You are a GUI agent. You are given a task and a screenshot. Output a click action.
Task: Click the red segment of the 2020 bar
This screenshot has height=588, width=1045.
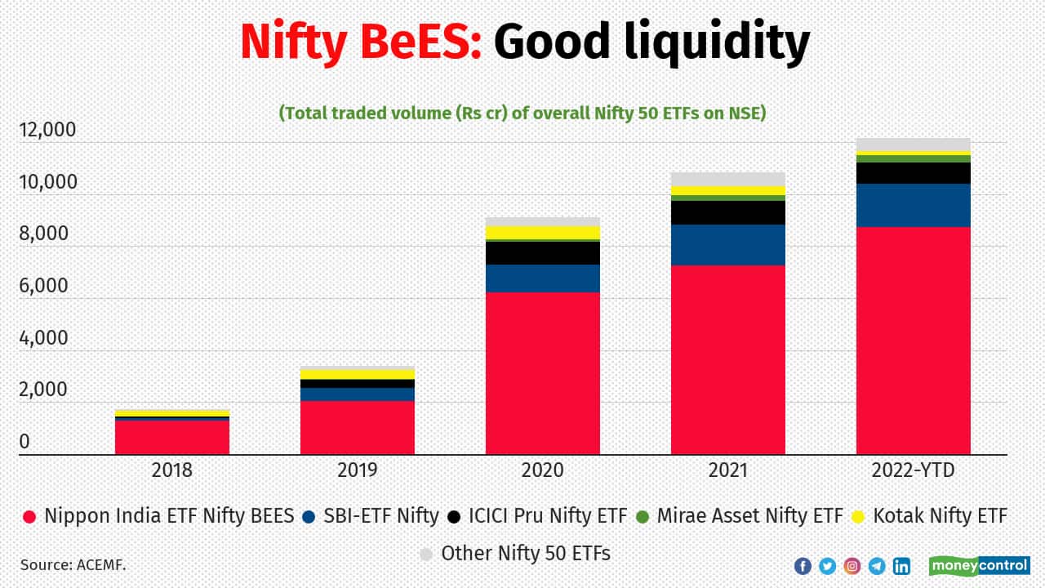point(542,373)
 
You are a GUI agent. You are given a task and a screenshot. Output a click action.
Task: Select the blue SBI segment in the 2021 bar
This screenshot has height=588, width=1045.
point(727,245)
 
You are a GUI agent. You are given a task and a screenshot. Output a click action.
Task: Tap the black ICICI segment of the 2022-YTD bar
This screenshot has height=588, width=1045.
point(913,173)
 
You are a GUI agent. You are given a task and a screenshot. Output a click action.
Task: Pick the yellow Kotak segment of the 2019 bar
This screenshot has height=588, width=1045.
point(357,374)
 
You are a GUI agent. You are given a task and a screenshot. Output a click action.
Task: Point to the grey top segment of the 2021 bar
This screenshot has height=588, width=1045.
point(727,179)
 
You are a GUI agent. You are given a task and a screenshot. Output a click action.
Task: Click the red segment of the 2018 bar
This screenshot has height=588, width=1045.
point(171,437)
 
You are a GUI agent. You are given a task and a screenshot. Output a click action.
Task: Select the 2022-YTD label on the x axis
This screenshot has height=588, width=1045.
point(913,471)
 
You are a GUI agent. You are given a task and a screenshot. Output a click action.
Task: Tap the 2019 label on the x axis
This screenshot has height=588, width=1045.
point(357,471)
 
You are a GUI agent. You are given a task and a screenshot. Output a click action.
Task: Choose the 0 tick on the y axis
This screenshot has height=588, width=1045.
point(24,442)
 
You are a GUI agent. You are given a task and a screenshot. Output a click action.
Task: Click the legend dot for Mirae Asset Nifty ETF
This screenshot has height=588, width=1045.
point(642,517)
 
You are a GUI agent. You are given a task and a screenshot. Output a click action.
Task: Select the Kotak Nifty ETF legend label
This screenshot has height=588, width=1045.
point(940,516)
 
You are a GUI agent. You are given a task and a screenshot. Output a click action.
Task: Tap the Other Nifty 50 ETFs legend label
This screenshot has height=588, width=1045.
point(526,554)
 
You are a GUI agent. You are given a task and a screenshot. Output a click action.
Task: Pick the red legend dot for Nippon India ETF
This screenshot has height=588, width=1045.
point(30,517)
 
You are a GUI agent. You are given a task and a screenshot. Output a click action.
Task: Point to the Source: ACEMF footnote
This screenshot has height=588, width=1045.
point(73,564)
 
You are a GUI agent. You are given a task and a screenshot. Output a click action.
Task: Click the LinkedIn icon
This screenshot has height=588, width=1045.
point(901,565)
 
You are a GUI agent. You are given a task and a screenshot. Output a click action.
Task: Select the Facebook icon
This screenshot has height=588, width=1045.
point(802,565)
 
